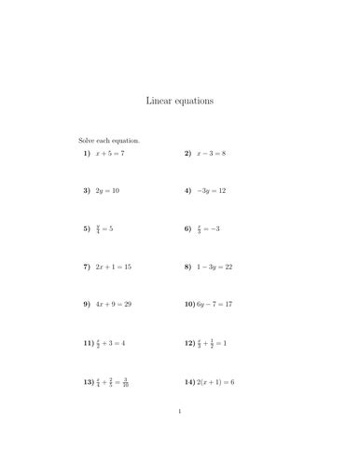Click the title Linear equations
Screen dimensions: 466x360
point(179,100)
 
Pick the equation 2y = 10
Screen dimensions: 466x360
point(107,190)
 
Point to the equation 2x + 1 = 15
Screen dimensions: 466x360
point(114,267)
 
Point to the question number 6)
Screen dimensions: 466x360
point(187,228)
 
